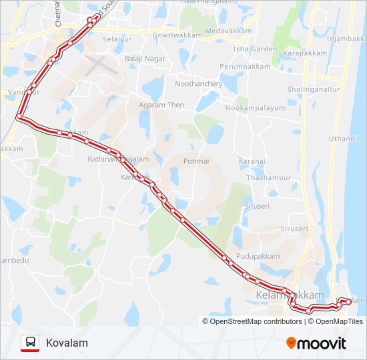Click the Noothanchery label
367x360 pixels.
198,84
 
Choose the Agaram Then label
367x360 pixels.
161,105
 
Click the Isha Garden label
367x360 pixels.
255,49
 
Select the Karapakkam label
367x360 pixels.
304,53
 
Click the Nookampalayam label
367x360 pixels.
255,108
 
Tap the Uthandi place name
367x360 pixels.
343,139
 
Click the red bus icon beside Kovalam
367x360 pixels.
30,343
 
